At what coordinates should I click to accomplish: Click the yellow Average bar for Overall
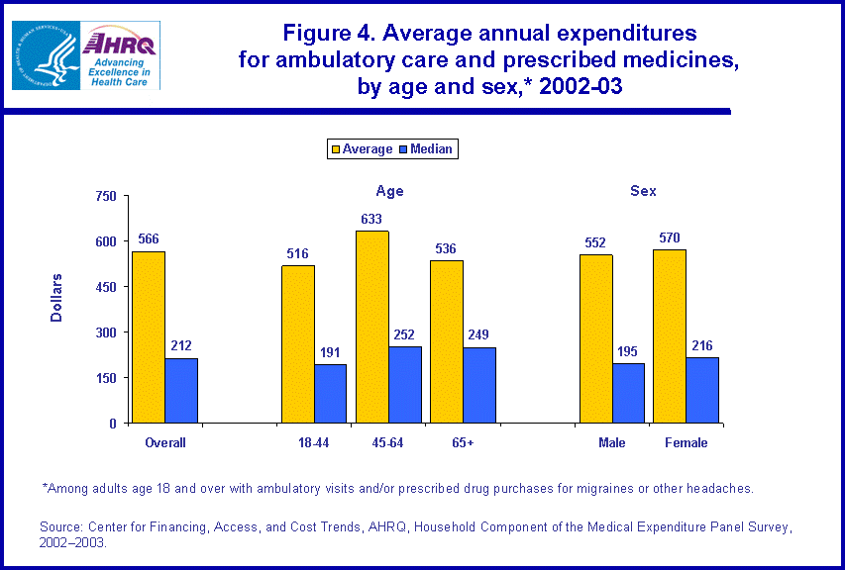point(149,337)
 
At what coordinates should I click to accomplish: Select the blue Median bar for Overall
point(181,391)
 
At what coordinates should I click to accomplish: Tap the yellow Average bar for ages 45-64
point(372,327)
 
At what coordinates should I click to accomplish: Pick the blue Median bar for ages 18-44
point(331,394)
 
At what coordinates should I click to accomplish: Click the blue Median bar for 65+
point(479,385)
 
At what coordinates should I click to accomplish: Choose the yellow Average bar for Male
point(596,338)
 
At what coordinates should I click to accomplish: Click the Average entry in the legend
point(362,149)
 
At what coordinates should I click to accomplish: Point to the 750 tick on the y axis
point(107,196)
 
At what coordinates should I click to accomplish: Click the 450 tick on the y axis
point(107,287)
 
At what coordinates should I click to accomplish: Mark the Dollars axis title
point(56,297)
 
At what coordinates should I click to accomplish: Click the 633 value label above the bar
point(372,219)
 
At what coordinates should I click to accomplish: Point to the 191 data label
point(331,352)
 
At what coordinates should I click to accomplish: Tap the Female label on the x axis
point(686,443)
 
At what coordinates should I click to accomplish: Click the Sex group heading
point(643,191)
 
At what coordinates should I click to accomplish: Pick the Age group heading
point(389,191)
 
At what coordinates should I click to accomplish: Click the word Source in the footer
point(60,525)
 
